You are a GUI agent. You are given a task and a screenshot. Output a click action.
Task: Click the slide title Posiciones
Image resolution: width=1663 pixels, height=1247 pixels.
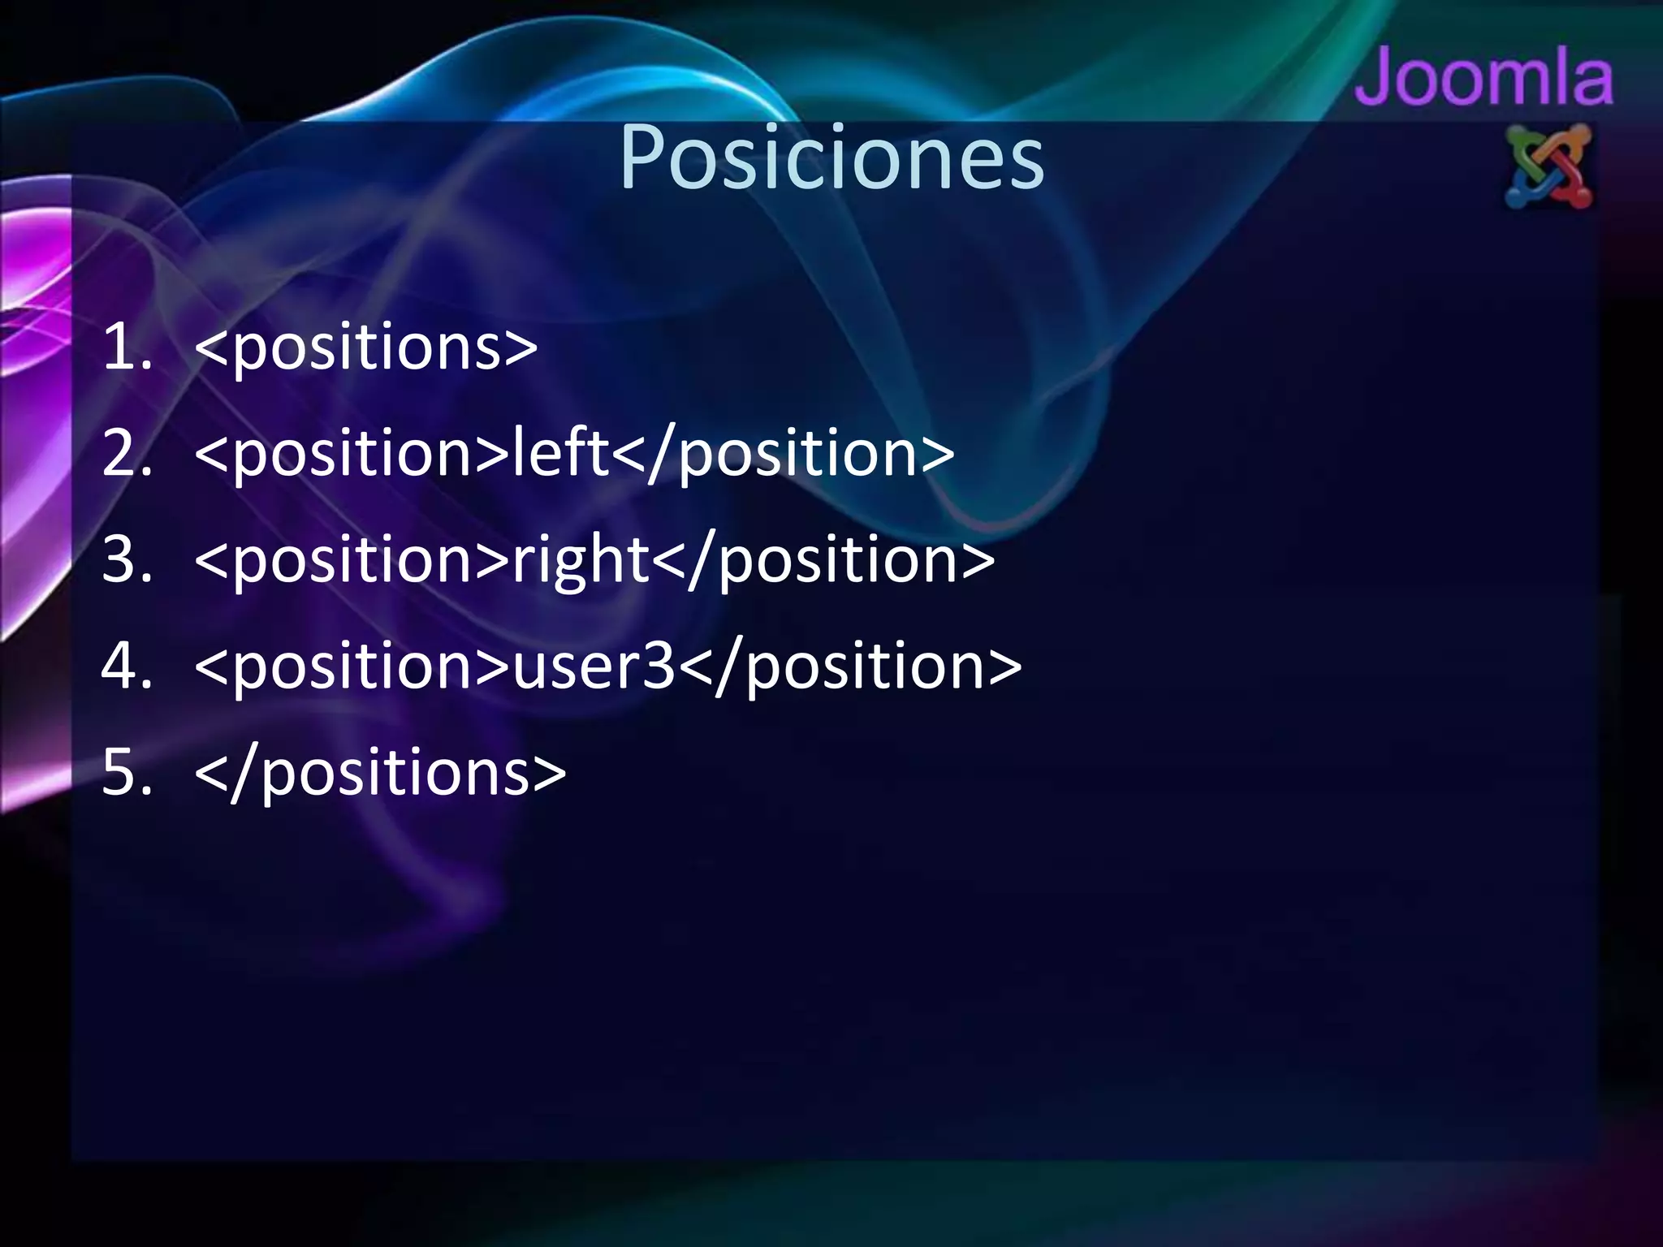[831, 157]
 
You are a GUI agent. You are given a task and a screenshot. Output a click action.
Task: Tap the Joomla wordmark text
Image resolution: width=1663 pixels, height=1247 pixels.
[1484, 78]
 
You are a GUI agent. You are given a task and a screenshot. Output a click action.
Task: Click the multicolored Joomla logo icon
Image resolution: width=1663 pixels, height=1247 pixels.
[1549, 167]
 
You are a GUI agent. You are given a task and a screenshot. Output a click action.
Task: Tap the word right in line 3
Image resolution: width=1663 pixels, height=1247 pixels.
[580, 560]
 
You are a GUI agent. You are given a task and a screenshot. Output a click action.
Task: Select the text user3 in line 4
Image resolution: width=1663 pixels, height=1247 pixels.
[594, 666]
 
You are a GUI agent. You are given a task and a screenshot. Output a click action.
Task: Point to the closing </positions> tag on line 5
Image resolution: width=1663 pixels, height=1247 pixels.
[380, 773]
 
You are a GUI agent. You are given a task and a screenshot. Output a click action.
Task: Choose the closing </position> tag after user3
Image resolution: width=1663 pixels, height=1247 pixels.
[850, 666]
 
